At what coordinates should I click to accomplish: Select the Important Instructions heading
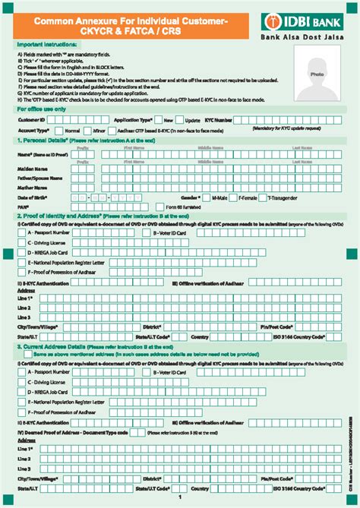(46, 45)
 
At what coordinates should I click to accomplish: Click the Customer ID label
(30, 120)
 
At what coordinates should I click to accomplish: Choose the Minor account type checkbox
(86, 130)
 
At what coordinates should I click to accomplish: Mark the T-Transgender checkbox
(264, 197)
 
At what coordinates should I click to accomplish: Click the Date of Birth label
(33, 197)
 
